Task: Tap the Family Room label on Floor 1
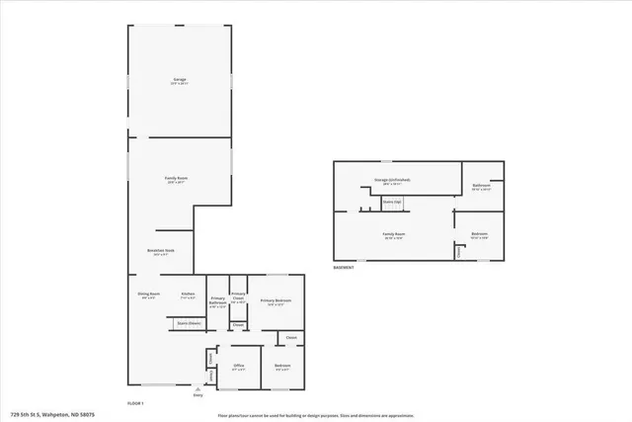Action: click(x=177, y=178)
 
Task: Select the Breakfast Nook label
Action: click(x=161, y=251)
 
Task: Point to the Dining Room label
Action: click(x=149, y=295)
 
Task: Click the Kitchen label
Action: click(x=188, y=295)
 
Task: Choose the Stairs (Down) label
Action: click(x=190, y=322)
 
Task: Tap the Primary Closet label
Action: click(x=238, y=297)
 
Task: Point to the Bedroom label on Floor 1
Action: click(x=281, y=367)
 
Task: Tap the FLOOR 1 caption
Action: click(x=136, y=403)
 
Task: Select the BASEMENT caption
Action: click(x=345, y=268)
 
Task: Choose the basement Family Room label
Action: click(x=394, y=234)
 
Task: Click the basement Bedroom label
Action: click(x=480, y=235)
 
